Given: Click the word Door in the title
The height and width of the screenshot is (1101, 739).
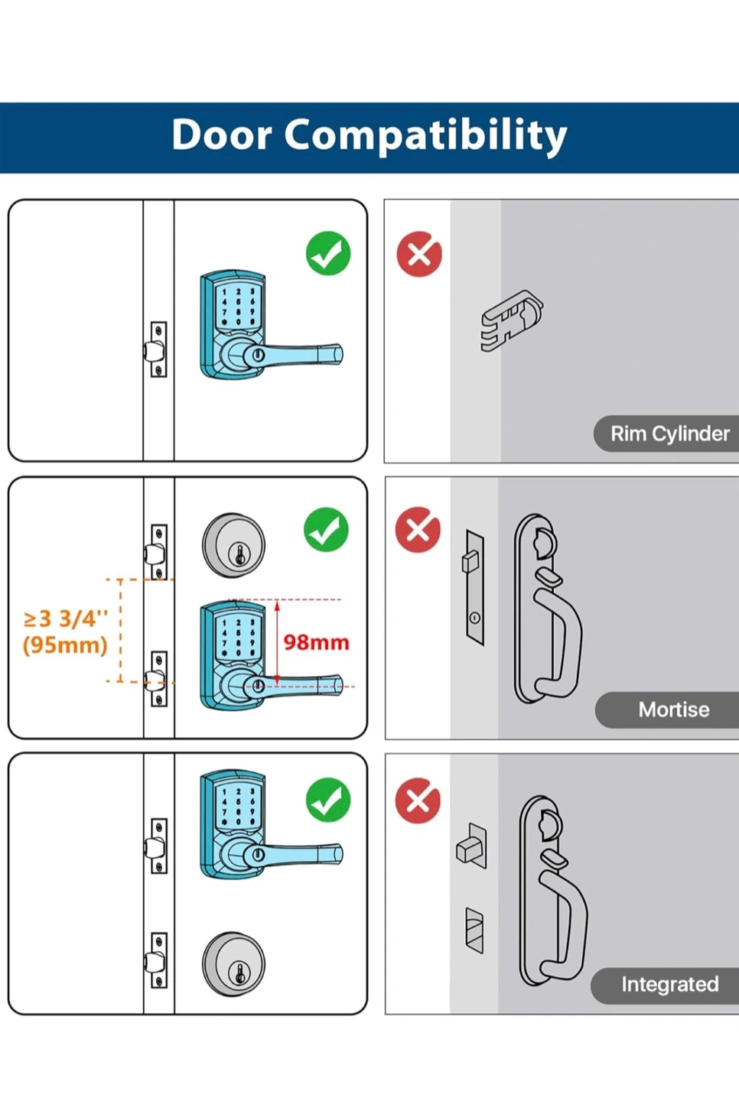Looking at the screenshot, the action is (x=222, y=135).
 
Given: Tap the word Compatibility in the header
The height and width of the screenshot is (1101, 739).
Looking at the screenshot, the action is (x=426, y=137).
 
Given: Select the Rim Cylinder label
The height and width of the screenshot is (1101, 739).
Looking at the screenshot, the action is (x=669, y=434).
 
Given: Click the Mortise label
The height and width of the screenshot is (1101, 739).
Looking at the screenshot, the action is (x=674, y=710).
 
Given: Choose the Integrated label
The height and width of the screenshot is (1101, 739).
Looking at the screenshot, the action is (x=669, y=985).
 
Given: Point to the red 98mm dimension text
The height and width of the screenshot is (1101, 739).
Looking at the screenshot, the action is (x=316, y=642).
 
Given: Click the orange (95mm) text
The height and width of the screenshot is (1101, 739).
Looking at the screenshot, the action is (x=65, y=645).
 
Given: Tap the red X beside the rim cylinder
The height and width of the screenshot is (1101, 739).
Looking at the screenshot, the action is (x=419, y=254).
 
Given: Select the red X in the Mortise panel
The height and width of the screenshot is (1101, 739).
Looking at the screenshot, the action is (x=418, y=530).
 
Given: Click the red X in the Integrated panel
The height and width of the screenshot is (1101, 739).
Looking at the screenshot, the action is (x=418, y=801).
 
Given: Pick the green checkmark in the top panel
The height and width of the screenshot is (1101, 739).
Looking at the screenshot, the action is (x=328, y=254).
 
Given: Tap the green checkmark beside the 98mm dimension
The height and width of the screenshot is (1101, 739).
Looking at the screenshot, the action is (x=326, y=530).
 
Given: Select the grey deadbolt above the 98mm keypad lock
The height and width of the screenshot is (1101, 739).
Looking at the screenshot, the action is (x=233, y=545).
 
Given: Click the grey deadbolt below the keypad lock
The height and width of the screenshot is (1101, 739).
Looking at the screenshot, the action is (x=233, y=964).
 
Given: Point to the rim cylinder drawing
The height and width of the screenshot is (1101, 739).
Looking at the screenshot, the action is (x=512, y=320).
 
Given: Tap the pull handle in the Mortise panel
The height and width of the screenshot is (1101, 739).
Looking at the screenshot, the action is (x=547, y=609).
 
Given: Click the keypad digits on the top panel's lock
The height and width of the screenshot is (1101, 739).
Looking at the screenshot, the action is (x=238, y=307).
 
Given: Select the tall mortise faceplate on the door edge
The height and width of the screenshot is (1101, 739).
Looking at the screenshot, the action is (x=475, y=588).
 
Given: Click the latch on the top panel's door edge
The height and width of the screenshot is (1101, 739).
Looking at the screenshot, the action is (x=156, y=349).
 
